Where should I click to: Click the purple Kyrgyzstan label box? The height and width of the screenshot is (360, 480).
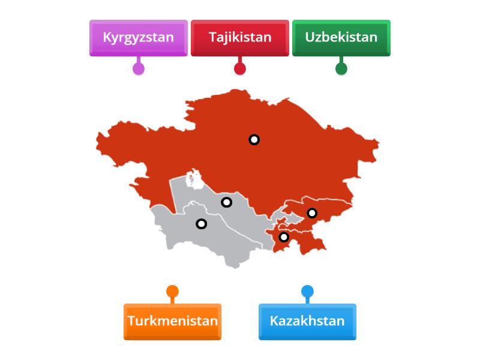pos(138,37)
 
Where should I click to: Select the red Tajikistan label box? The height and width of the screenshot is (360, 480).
pos(240,37)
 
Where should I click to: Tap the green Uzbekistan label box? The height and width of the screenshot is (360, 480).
pos(341,37)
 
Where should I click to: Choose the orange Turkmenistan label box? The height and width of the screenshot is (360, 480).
pos(172,321)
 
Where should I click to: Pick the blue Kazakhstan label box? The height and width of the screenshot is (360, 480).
pos(307,321)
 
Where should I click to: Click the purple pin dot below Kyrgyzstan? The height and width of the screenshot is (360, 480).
pos(139,68)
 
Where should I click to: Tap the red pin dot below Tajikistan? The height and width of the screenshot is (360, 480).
pos(240,68)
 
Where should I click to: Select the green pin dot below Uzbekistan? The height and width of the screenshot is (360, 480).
pos(341,68)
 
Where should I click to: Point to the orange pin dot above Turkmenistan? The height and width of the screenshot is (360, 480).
pos(172,292)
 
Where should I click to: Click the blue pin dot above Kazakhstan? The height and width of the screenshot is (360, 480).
pos(307,292)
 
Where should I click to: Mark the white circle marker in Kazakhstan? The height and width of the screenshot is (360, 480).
pos(254,140)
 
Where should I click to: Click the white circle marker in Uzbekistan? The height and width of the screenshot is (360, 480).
pos(226,202)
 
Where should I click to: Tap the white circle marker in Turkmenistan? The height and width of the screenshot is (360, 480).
pos(202,224)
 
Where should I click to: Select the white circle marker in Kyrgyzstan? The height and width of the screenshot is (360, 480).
pos(312,213)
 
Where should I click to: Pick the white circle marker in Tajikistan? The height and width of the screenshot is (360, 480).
pos(284,237)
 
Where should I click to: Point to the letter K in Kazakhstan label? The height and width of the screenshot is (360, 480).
pos(274,321)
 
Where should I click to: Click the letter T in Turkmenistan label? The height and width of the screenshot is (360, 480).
pos(131,321)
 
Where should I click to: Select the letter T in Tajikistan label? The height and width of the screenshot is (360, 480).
pos(212,37)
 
